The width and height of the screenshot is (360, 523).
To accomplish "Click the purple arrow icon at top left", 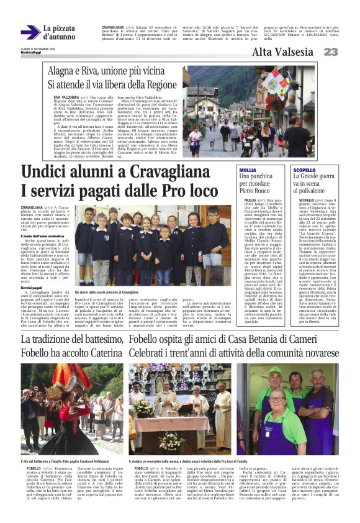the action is pos(30,32).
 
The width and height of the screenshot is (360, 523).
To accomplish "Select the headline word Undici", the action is pos(45,172).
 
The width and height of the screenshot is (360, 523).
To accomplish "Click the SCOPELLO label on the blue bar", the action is pos(304,170).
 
